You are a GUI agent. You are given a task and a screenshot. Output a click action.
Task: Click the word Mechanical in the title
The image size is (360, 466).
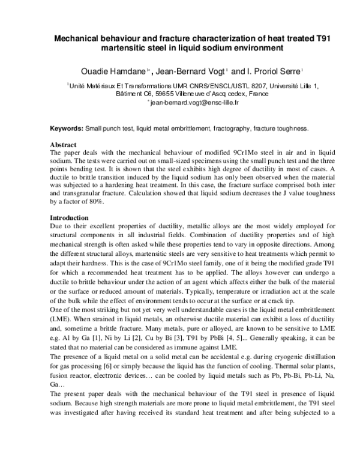click(77, 38)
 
